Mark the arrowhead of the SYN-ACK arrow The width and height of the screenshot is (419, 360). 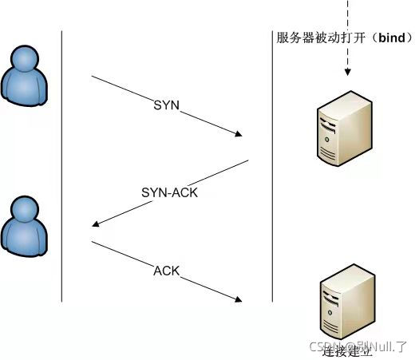pyautogui.click(x=97, y=225)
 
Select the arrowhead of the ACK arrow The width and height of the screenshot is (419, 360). pyautogui.click(x=238, y=300)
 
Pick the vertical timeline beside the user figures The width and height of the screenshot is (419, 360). pyautogui.click(x=62, y=168)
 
